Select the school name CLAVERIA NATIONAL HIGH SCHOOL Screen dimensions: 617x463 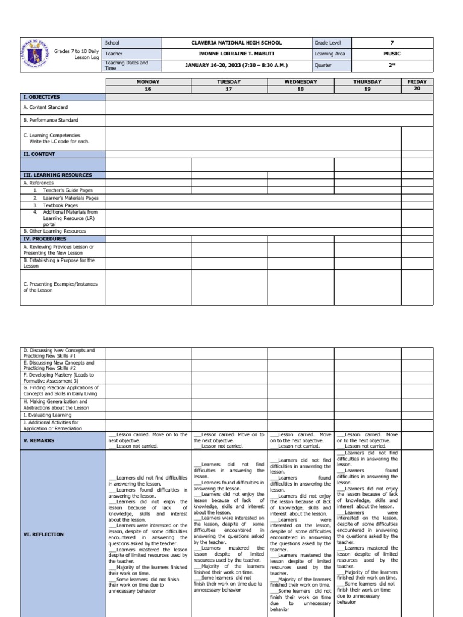[x=236, y=43]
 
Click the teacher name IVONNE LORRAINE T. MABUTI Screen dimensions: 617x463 [x=236, y=54]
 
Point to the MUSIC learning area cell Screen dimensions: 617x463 [x=392, y=54]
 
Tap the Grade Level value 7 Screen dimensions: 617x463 [x=392, y=43]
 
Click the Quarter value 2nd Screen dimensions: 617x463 [x=392, y=65]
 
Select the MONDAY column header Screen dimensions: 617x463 [x=148, y=81]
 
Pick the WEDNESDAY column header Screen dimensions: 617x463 [x=300, y=81]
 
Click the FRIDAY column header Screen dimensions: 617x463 [x=417, y=81]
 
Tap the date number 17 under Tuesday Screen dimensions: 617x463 [x=229, y=89]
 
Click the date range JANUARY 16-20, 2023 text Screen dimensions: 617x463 [x=236, y=65]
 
